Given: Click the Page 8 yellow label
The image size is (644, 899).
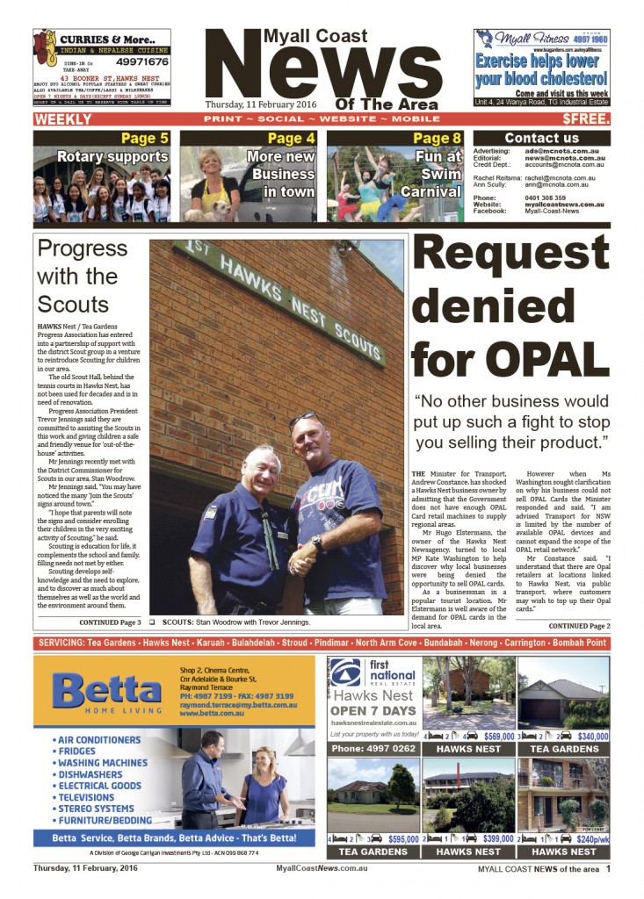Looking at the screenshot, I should pos(437,139).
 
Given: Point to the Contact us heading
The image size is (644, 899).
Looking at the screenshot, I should pos(541,138).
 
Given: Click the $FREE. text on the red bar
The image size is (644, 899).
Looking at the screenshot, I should pos(583,119).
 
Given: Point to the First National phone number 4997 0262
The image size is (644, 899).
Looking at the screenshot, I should pos(373,749).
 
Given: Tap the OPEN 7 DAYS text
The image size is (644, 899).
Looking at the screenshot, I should pos(373,709).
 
